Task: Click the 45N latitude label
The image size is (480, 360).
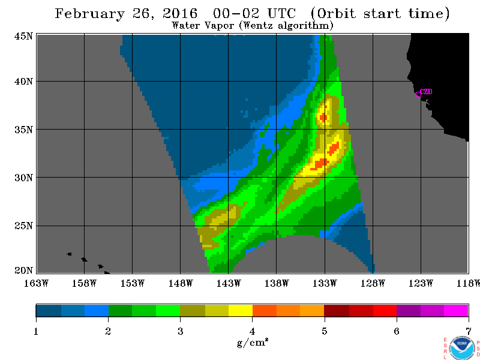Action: coord(23,36)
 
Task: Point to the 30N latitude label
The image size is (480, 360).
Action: coord(23,178)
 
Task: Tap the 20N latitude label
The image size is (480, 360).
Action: coord(23,270)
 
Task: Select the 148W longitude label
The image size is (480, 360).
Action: coord(181,283)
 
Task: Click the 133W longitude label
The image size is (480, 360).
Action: coord(325,283)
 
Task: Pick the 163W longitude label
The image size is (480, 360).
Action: coord(36,283)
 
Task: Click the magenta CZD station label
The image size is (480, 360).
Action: coord(426,91)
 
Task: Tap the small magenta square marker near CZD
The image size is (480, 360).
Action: coord(418,94)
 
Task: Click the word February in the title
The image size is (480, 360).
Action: coord(89,14)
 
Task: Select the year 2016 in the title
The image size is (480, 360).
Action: coord(180,13)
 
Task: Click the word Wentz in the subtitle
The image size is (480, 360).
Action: coord(258,25)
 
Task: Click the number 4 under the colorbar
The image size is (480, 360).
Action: coord(252,331)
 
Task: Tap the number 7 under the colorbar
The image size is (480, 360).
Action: coord(469,331)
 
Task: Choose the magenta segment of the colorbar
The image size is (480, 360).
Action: coord(456,310)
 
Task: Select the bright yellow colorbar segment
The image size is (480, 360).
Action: coord(241,310)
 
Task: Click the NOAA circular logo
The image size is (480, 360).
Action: coord(462,349)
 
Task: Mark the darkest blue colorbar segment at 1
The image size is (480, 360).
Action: coord(49,310)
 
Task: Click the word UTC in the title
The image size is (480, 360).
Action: coord(281,13)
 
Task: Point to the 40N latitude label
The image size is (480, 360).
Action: coord(23,82)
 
